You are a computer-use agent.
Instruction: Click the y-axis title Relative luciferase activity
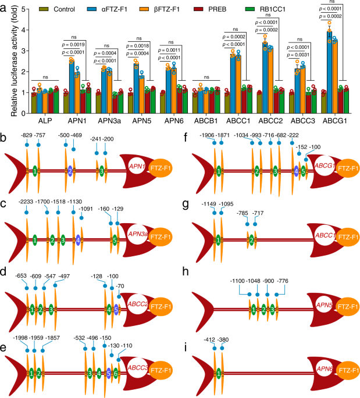(x=7, y=52)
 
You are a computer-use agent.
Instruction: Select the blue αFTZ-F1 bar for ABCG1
(x=328, y=64)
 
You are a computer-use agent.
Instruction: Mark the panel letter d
(x=5, y=271)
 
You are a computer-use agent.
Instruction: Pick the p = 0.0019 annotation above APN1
(x=75, y=44)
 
